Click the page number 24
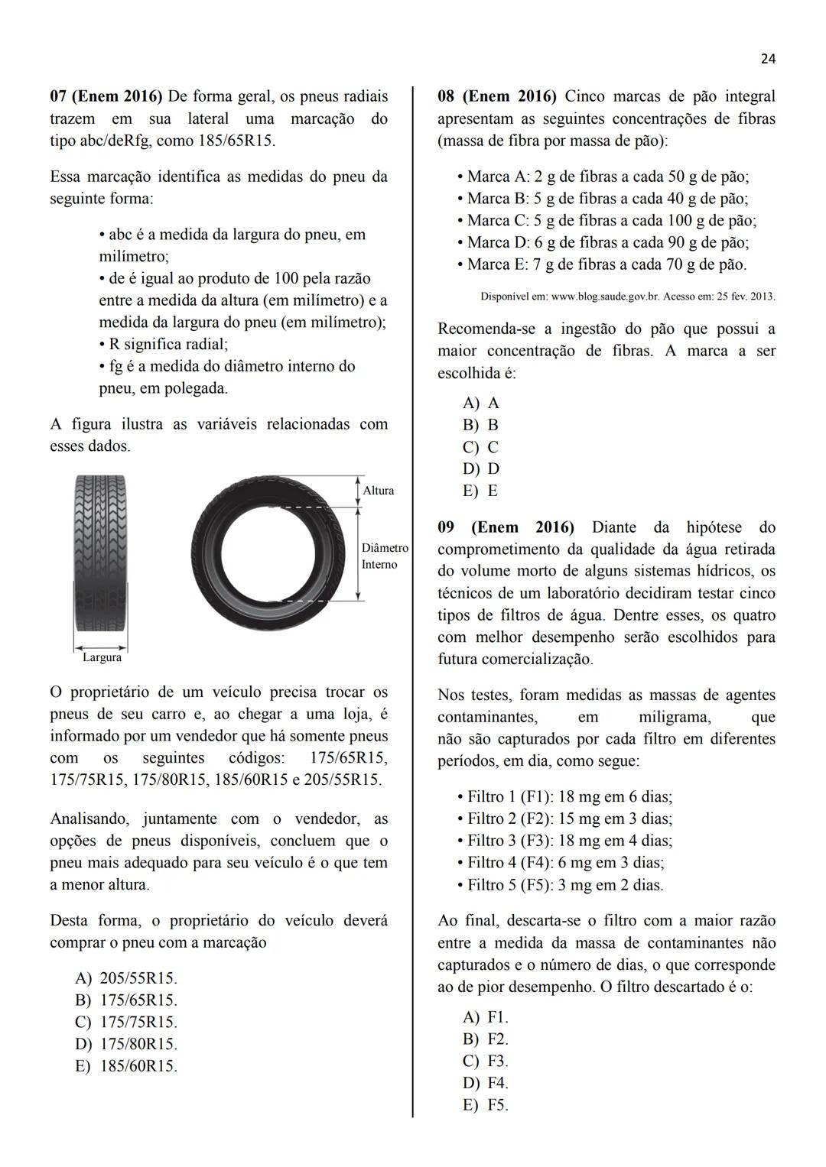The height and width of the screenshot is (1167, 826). coord(768,59)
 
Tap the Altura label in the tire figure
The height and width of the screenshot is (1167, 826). coord(379,491)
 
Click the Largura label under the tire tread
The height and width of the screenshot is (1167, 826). coord(102,657)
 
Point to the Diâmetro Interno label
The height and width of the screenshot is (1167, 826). coord(384,556)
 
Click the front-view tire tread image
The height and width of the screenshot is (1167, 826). coord(100,561)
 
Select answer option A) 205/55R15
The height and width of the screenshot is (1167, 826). coord(127,978)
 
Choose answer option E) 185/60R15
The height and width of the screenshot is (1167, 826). coord(127,1066)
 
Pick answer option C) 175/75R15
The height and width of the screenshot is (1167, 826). coord(127,1022)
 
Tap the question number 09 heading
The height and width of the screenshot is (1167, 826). coord(446,527)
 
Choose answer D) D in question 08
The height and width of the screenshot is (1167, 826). coord(481,468)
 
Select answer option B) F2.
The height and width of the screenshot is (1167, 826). coord(486,1039)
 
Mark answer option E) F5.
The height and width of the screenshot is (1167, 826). coord(486,1105)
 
